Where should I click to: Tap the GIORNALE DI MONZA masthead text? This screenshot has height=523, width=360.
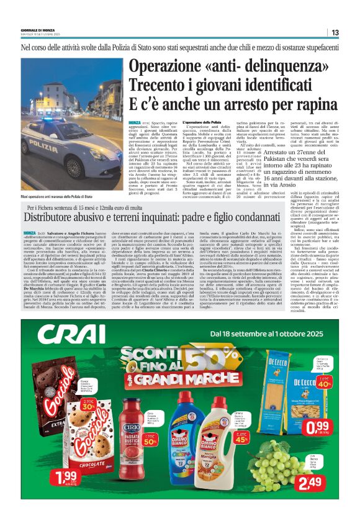pyautogui.click(x=38, y=30)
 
